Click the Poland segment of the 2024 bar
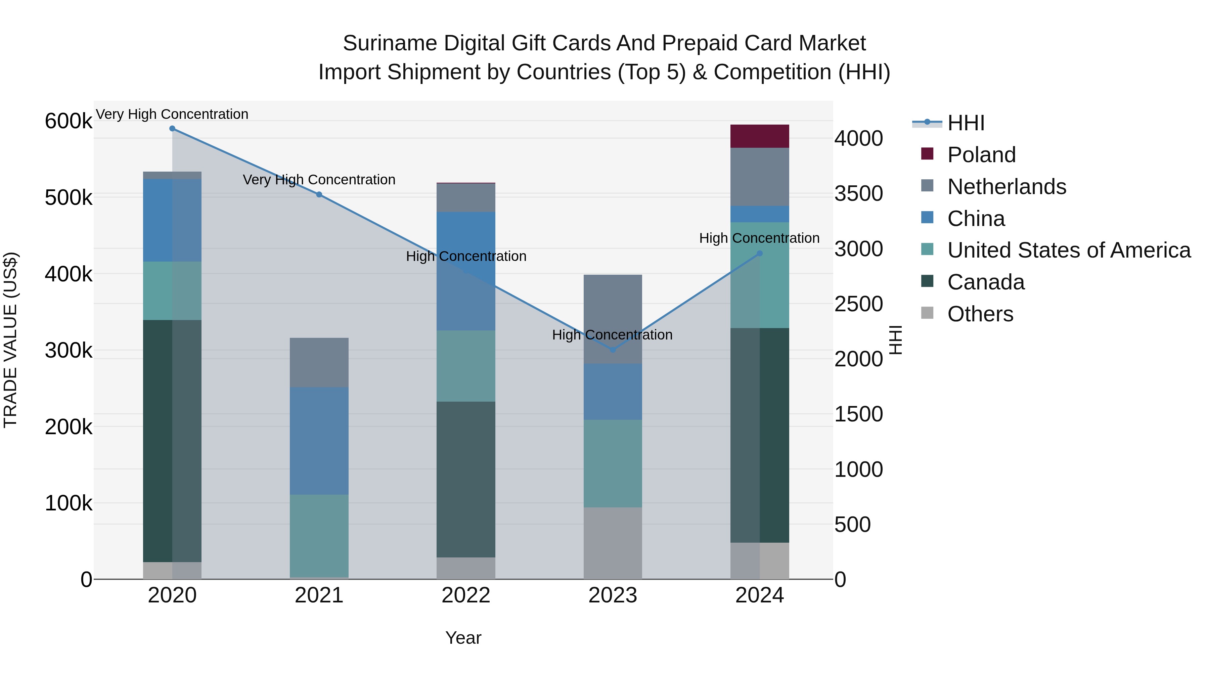pos(759,136)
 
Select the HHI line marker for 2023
pos(613,350)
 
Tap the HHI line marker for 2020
pos(172,129)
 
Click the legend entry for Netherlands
pos(1006,187)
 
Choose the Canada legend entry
pos(986,282)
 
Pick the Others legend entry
pos(980,314)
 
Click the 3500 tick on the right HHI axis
pos(858,194)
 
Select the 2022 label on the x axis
pos(465,595)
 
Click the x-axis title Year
pos(463,638)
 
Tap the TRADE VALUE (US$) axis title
pos(10,340)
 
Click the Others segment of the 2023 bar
pos(613,543)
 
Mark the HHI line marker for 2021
pos(319,194)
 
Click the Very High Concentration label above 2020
pos(172,114)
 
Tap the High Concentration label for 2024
pos(759,238)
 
